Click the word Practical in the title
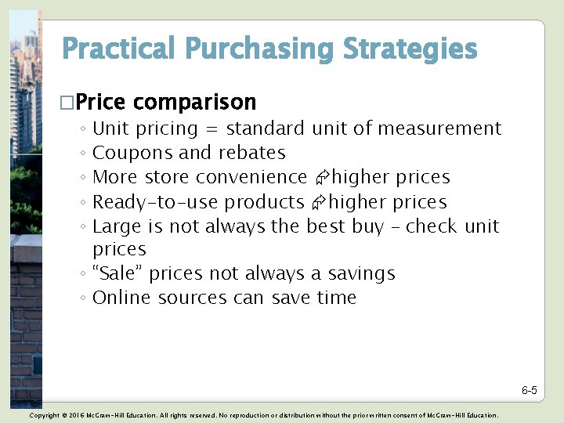[119, 49]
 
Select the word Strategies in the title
[410, 49]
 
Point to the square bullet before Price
[67, 103]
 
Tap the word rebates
[252, 153]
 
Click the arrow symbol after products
[317, 203]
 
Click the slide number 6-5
[529, 390]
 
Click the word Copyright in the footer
[44, 415]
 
